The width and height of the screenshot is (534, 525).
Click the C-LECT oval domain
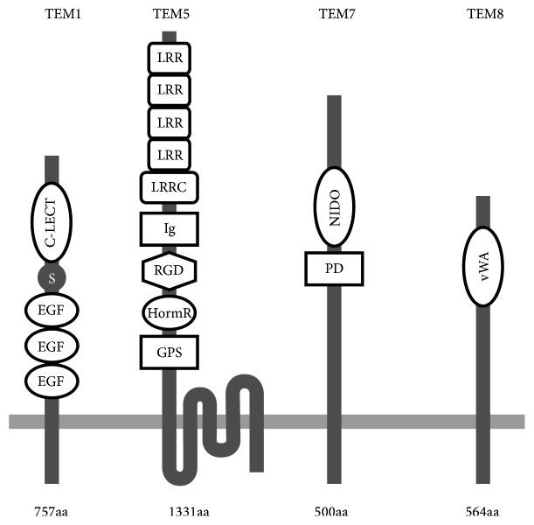52,225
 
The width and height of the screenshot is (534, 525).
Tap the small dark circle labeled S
52,279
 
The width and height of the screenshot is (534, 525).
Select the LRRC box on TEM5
170,186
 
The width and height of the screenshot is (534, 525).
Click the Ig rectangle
170,229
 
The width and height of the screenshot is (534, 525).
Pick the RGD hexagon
170,270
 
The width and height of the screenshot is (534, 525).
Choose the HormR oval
170,312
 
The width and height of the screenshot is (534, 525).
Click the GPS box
170,352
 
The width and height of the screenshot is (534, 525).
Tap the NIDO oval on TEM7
334,207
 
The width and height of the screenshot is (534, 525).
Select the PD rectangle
334,268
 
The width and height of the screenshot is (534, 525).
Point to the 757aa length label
51,511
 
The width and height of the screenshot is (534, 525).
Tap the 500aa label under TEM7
332,511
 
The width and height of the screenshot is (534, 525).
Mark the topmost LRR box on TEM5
170,58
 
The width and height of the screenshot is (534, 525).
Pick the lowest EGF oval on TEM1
52,380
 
